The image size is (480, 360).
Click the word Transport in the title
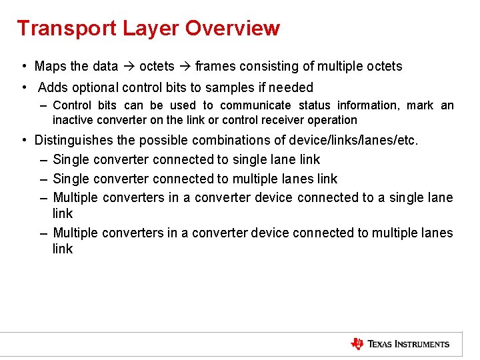click(59, 29)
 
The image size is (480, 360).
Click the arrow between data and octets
click(128, 66)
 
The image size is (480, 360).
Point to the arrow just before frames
click(185, 66)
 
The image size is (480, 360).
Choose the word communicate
click(255, 105)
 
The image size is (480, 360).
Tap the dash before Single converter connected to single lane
click(43, 159)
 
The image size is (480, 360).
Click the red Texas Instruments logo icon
click(357, 344)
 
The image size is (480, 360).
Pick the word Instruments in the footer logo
click(421, 344)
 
